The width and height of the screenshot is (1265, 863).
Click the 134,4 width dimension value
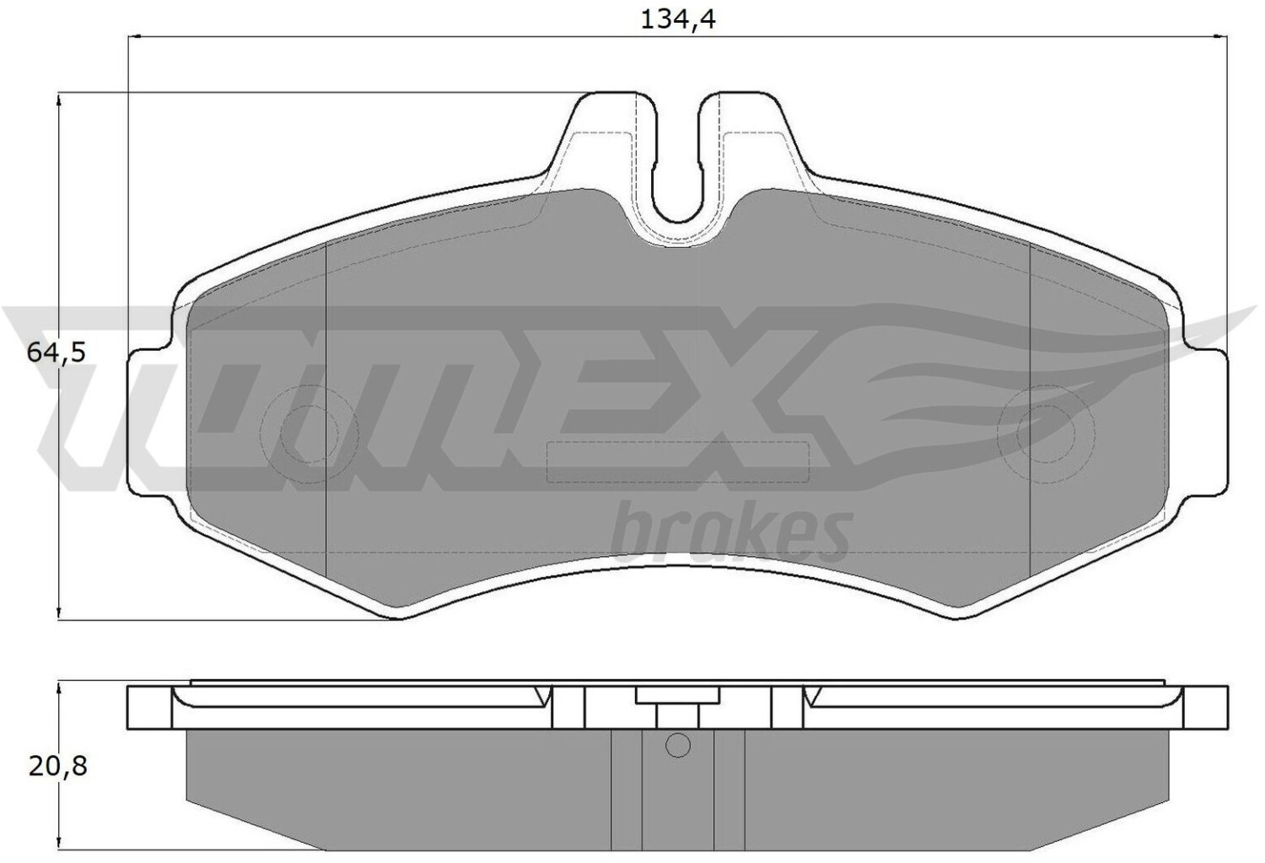(x=678, y=20)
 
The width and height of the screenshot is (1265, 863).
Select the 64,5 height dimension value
(x=56, y=353)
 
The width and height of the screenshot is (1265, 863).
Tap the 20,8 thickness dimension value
(x=57, y=767)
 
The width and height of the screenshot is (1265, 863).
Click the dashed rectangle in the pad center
(x=678, y=442)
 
